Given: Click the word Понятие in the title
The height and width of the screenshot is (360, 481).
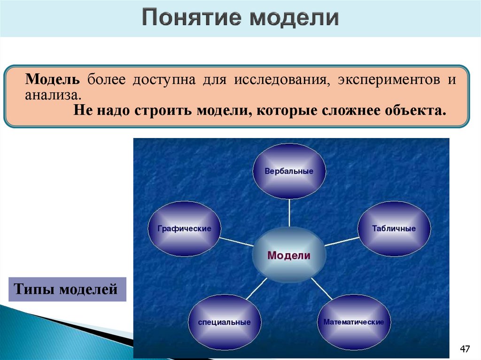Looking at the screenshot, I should coord(191,18).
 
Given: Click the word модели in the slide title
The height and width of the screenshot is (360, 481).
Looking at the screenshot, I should coord(293,18).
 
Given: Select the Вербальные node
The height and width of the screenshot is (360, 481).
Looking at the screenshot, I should coord(289,171).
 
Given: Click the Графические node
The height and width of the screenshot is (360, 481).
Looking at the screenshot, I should coord(184,229).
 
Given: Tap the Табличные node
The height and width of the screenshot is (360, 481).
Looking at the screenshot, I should coord(394,229).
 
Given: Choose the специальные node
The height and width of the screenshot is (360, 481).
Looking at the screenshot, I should coord(224,322).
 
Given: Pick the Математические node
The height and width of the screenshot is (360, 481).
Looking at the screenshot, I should coord(353,322).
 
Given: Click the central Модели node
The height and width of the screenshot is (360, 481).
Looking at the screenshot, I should coord(289,256).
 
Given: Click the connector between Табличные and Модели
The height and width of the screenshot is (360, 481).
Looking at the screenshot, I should coord(341,241).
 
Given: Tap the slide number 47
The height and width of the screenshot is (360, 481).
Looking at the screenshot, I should coord(465,349).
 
